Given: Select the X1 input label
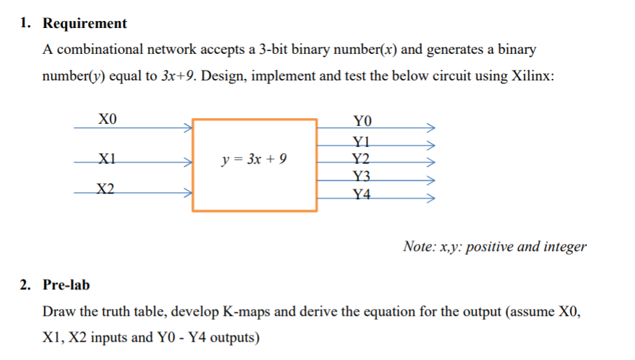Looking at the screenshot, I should point(107,157).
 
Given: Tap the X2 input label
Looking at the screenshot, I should point(107,187).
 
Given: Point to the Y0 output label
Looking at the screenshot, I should point(364,120).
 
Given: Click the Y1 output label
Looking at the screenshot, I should point(362,141).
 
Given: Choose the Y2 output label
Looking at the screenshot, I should point(362,157).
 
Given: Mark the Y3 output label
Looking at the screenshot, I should point(362,175).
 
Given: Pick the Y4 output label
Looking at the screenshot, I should point(362,194).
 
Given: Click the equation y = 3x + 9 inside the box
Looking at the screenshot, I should point(254,159).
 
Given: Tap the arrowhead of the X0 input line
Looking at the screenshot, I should point(187,128).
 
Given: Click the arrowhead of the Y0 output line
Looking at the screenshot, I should point(432,129).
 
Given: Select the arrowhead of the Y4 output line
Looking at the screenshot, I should point(432,199).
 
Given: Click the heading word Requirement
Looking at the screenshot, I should point(85,24).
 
